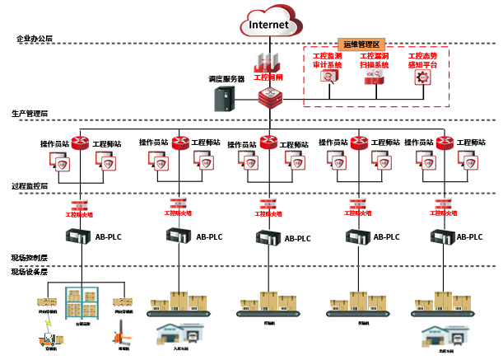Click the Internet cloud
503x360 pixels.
(x=269, y=24)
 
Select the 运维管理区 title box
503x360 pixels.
(x=363, y=44)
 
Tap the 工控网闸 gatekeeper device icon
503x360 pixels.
(x=269, y=63)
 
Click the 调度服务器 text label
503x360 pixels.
(x=227, y=79)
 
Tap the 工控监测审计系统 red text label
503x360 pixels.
(x=328, y=59)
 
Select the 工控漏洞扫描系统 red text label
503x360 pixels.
(x=375, y=59)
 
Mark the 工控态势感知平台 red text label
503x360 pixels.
(x=422, y=59)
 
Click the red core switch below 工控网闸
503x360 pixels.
(x=269, y=99)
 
